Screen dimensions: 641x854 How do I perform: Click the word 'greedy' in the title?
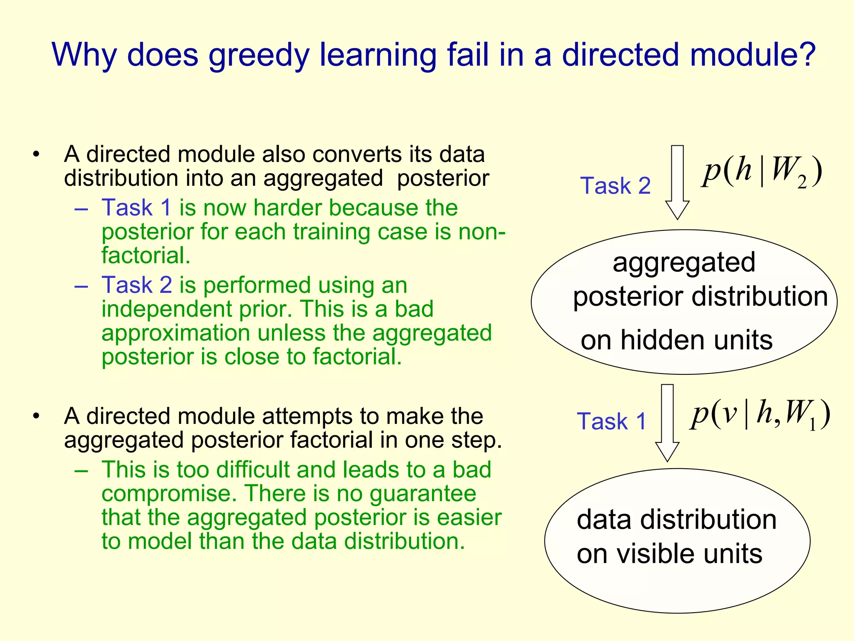point(259,56)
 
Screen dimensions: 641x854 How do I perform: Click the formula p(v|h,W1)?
point(760,414)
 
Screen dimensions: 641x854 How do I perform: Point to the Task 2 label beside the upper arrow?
point(615,186)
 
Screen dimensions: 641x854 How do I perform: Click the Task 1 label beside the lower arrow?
point(611,421)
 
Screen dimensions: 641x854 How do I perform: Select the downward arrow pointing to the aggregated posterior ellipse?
point(677,182)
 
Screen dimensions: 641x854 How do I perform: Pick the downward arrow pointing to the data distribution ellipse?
point(667,422)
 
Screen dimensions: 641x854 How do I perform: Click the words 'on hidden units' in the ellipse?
point(676,340)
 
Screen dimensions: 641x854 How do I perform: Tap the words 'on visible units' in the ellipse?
point(669,554)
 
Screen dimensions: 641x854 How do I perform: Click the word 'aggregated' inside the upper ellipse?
point(684,262)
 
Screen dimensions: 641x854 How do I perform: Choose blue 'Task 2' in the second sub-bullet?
point(137,285)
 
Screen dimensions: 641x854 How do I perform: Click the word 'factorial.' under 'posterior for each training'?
point(146,255)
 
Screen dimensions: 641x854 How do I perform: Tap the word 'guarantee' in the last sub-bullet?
point(423,494)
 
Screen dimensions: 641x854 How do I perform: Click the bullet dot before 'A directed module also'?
point(36,154)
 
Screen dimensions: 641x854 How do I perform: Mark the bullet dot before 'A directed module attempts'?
point(36,416)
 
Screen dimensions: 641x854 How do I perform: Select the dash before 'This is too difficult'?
point(81,470)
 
